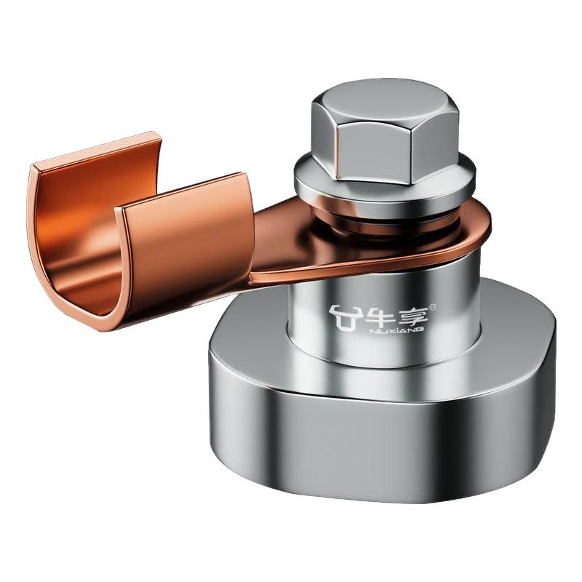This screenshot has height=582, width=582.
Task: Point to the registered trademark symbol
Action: point(432,307)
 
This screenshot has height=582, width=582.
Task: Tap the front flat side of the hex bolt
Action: point(374,155)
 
